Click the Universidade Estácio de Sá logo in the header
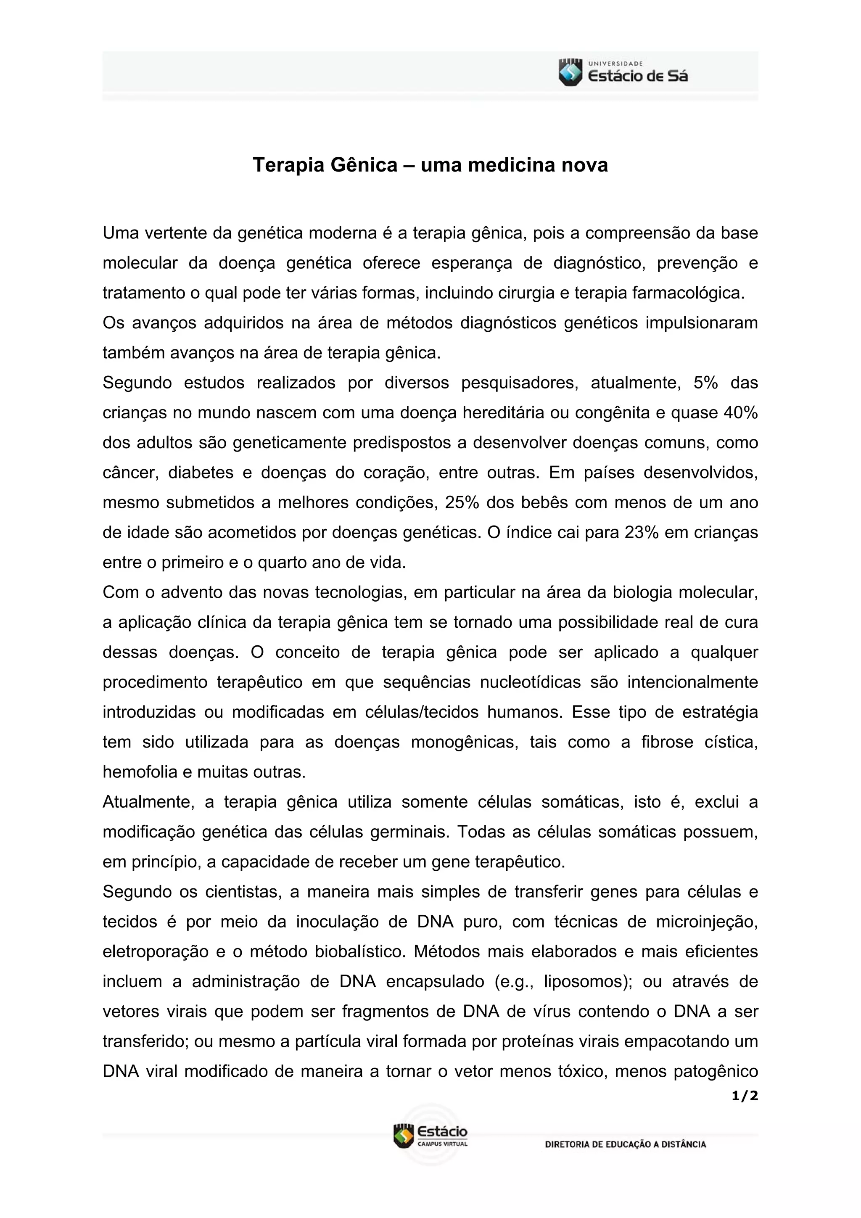click(623, 73)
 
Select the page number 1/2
click(744, 1096)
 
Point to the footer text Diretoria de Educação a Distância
click(625, 1144)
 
